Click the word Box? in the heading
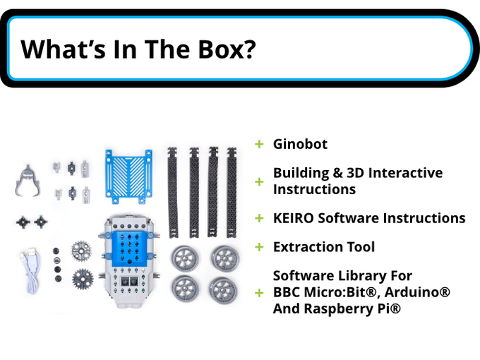[227, 49]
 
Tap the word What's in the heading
[63, 49]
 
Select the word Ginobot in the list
[300, 144]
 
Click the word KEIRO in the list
[293, 218]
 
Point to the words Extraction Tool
[324, 247]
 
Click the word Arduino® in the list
[418, 292]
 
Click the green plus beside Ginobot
[259, 144]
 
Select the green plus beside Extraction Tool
[259, 247]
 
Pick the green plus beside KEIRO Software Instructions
[259, 218]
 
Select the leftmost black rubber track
[172, 192]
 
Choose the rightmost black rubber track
[232, 192]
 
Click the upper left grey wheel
[185, 258]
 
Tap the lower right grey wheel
[224, 291]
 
